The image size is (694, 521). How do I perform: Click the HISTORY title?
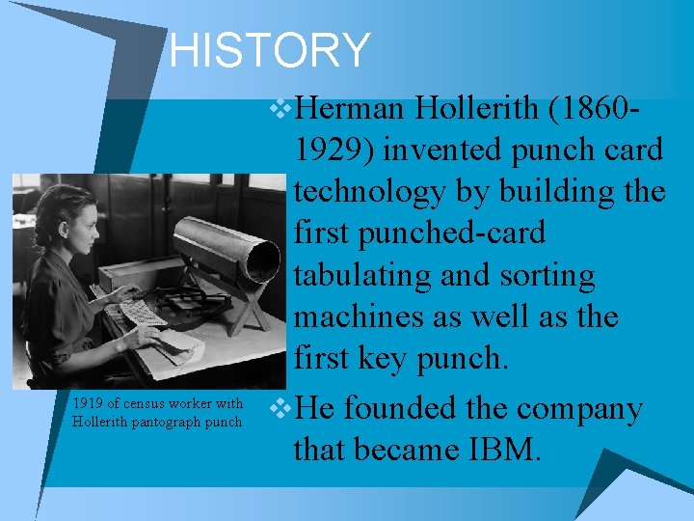(x=269, y=50)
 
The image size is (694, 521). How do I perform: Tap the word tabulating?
(x=361, y=275)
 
